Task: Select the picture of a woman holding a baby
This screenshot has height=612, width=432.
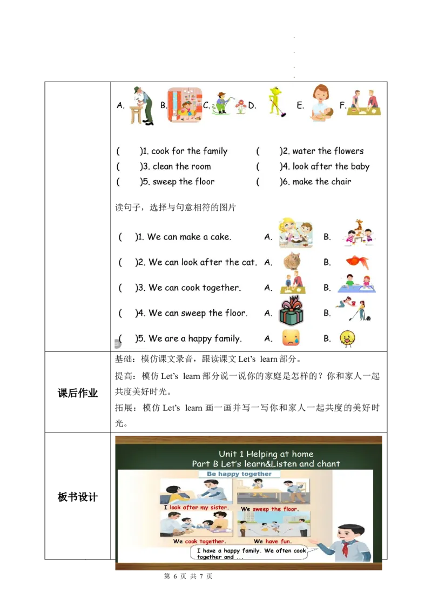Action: pyautogui.click(x=322, y=103)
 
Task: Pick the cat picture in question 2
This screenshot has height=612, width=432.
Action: pyautogui.click(x=292, y=262)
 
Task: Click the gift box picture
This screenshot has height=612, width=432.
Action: pyautogui.click(x=291, y=312)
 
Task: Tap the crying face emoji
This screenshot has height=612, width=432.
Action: pyautogui.click(x=291, y=338)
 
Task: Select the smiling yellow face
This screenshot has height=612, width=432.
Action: pyautogui.click(x=347, y=338)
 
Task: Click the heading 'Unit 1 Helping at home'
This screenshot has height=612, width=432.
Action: pyautogui.click(x=266, y=454)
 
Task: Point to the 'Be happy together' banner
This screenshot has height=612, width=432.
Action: pyautogui.click(x=239, y=474)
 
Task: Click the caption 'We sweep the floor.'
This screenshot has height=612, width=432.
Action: pyautogui.click(x=269, y=509)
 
